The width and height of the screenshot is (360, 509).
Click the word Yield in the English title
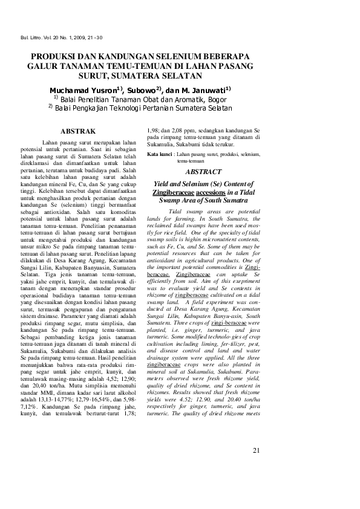tap(164, 183)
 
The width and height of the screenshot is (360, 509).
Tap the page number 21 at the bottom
tap(255, 467)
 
